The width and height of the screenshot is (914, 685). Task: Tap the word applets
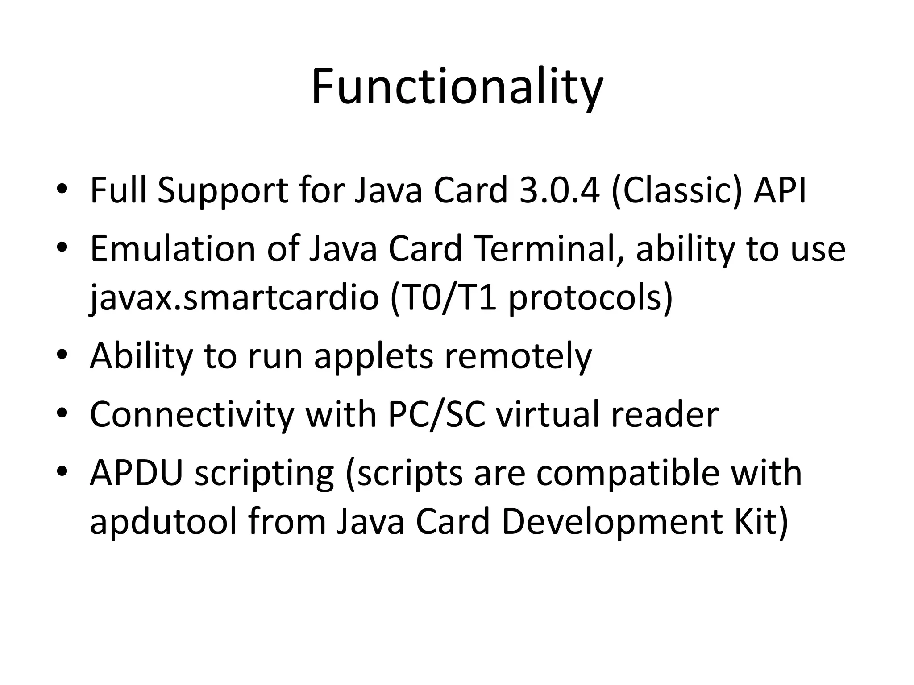(x=374, y=357)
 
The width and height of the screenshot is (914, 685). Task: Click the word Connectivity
(x=192, y=415)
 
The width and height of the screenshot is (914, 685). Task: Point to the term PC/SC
(x=436, y=415)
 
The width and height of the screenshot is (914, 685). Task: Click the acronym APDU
(x=137, y=473)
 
